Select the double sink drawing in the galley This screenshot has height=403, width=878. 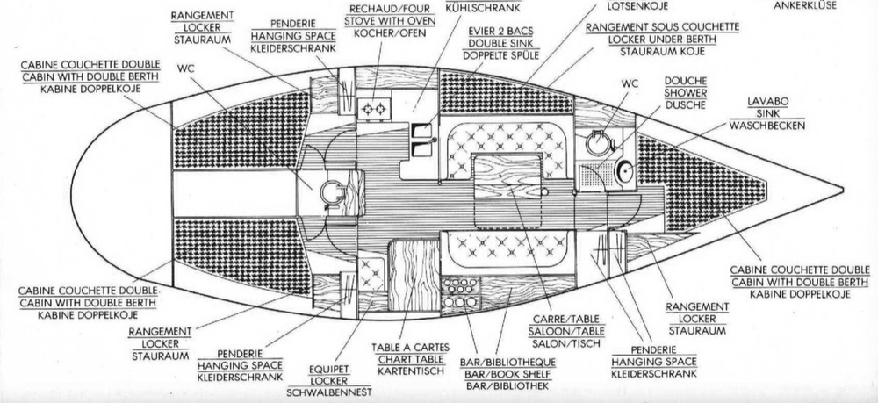tap(421, 131)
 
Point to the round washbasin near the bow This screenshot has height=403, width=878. tap(625, 173)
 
